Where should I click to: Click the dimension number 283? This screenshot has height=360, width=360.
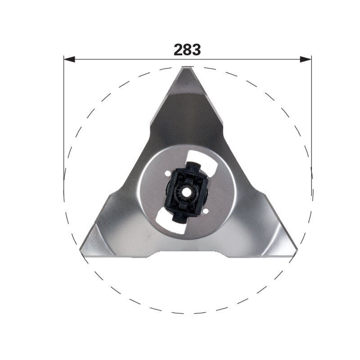point(187,49)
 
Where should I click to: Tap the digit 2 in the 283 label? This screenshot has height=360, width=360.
point(178,49)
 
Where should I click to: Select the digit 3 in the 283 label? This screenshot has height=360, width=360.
point(196,49)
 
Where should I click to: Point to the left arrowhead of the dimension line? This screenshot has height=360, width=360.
point(69,59)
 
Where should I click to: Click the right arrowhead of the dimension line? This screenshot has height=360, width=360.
point(306,59)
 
